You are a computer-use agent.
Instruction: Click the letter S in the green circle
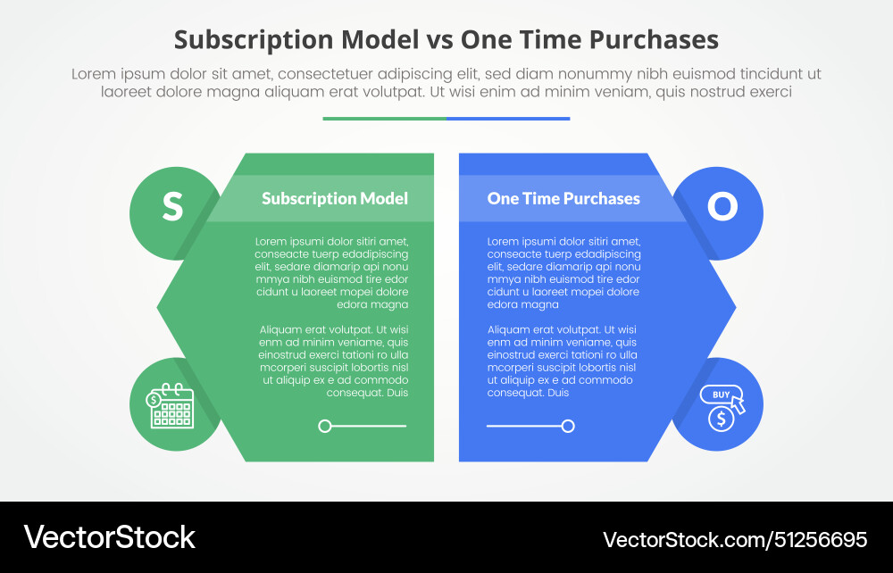point(172,206)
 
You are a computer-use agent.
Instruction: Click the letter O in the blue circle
point(722,206)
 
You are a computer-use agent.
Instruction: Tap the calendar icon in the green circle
point(171,406)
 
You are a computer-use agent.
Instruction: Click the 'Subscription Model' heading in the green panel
point(335,198)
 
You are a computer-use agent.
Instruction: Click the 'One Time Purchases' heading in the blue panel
point(563,198)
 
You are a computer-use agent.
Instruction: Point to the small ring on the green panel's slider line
point(325,427)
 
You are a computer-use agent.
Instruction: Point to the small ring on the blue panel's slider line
point(568,427)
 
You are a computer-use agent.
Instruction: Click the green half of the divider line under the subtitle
point(384,118)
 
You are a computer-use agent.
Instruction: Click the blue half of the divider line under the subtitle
point(508,118)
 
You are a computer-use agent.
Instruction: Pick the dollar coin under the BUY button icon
point(720,418)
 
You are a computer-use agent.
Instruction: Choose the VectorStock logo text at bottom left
point(109,537)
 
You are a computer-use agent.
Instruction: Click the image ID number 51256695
point(821,539)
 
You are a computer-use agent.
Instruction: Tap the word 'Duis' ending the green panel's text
point(396,393)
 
